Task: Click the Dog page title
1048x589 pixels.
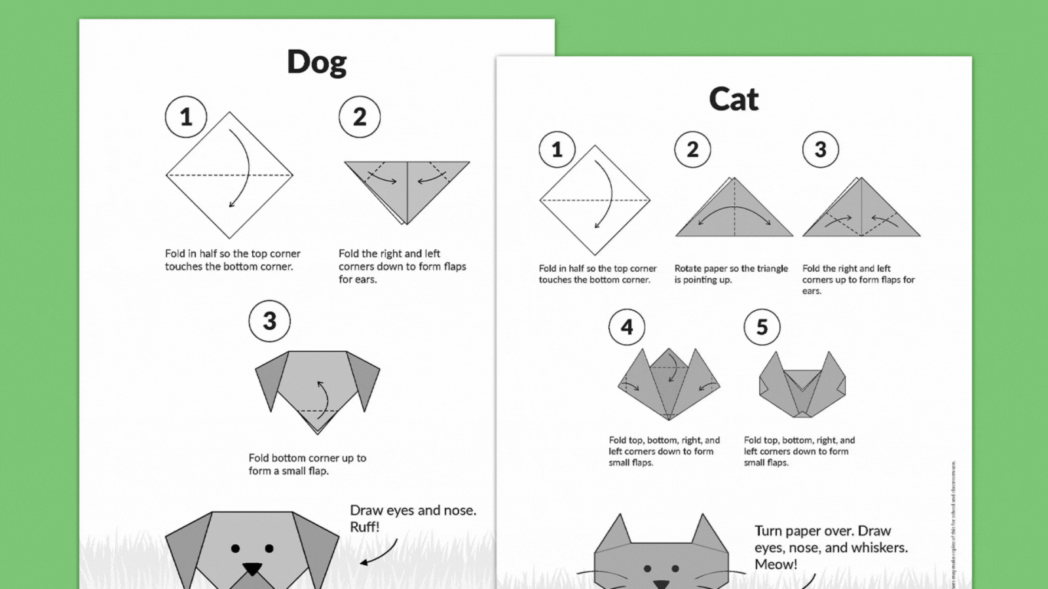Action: click(317, 63)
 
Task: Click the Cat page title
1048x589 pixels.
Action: click(733, 99)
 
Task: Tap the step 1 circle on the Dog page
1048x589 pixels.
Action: click(186, 117)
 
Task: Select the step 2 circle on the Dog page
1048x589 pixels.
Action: click(360, 117)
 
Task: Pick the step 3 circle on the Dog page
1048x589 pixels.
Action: click(269, 321)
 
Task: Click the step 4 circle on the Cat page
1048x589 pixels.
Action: click(627, 327)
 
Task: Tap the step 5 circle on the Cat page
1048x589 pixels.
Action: click(762, 327)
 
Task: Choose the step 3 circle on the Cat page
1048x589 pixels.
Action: click(820, 150)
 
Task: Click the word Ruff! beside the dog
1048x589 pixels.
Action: click(365, 527)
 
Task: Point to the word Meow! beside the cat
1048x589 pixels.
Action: click(776, 564)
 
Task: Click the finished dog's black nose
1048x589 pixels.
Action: click(252, 568)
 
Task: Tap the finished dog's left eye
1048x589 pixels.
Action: click(235, 548)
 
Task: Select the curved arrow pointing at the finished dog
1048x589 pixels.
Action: click(380, 553)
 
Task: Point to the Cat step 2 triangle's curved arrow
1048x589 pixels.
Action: click(734, 211)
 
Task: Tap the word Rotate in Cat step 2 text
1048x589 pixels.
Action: click(688, 268)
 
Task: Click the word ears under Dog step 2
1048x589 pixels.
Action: click(366, 279)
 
